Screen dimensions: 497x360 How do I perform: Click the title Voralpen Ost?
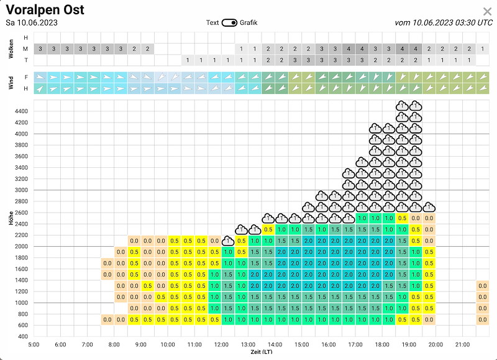pyautogui.click(x=45, y=10)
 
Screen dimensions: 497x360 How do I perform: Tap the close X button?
pyautogui.click(x=487, y=12)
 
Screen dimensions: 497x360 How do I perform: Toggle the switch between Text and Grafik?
pyautogui.click(x=229, y=23)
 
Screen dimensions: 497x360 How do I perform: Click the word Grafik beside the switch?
pyautogui.click(x=248, y=23)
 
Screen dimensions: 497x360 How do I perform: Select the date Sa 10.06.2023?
pyautogui.click(x=32, y=23)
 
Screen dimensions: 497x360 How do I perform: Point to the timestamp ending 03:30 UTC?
pyautogui.click(x=444, y=23)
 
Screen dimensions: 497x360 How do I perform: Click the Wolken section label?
pyautogui.click(x=11, y=49)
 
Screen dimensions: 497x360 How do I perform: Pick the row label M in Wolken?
pyautogui.click(x=25, y=49)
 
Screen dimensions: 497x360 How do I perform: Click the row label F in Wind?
pyautogui.click(x=25, y=77)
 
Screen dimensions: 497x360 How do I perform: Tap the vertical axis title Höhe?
pyautogui.click(x=11, y=218)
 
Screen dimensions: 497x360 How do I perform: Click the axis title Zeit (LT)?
pyautogui.click(x=262, y=352)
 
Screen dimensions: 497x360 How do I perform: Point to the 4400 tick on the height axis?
pyautogui.click(x=21, y=111)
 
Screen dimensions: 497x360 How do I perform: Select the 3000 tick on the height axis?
pyautogui.click(x=21, y=190)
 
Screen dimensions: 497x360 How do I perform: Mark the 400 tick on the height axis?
pyautogui.click(x=23, y=336)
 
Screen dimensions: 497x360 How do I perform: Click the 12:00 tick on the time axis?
pyautogui.click(x=221, y=345)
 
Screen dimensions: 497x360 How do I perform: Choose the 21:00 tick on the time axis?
pyautogui.click(x=462, y=345)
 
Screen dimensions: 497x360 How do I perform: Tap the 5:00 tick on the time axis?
pyautogui.click(x=34, y=345)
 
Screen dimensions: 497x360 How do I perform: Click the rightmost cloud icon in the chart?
pyautogui.click(x=429, y=207)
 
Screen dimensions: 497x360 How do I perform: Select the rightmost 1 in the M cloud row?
pyautogui.click(x=483, y=49)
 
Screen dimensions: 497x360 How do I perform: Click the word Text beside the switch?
pyautogui.click(x=212, y=23)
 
